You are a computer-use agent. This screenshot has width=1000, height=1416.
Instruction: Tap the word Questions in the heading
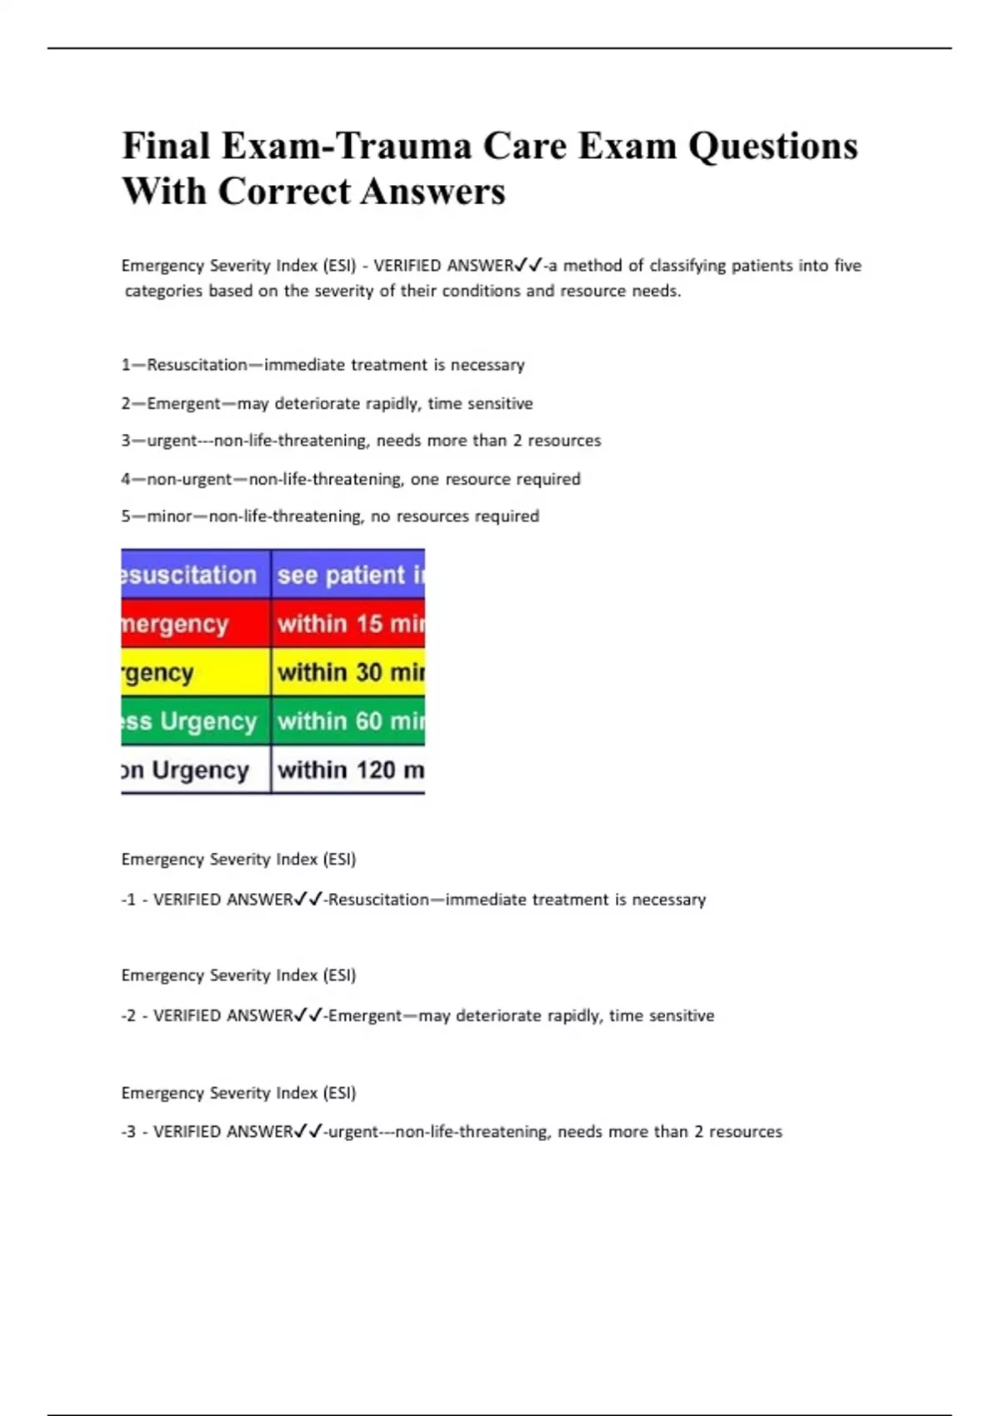click(772, 147)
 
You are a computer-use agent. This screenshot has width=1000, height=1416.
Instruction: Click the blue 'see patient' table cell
click(348, 575)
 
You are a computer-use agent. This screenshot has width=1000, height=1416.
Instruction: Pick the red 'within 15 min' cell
click(348, 624)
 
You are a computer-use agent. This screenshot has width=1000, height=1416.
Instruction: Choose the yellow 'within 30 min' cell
click(348, 672)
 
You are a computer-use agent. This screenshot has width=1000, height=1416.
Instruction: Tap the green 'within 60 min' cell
click(348, 720)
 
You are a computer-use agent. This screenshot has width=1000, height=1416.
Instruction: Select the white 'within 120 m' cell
click(348, 770)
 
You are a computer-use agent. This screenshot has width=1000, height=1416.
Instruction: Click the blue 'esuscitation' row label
click(195, 575)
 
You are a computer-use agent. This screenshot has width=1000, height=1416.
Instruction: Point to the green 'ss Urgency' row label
click(195, 720)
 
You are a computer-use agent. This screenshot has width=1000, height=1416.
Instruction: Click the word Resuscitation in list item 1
click(197, 365)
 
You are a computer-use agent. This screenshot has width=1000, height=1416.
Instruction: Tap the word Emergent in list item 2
click(184, 404)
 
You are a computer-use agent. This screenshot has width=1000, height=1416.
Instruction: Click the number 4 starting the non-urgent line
click(126, 479)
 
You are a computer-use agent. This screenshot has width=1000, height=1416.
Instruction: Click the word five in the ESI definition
click(847, 266)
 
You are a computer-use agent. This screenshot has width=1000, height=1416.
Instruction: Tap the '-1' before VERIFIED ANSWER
click(128, 900)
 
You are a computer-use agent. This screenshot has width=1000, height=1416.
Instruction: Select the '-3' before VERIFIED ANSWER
click(128, 1132)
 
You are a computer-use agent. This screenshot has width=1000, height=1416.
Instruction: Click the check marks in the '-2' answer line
click(308, 1015)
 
